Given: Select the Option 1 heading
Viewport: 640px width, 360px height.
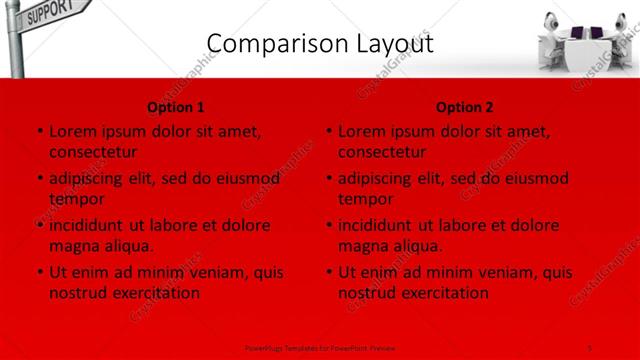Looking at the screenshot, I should [176, 107].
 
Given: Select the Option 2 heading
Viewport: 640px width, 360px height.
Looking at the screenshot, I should [465, 107].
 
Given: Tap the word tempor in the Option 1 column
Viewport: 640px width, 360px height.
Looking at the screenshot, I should [76, 199].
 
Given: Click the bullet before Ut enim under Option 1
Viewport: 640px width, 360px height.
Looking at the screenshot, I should [39, 272].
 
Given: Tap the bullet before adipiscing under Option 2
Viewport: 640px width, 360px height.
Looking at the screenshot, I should [328, 178].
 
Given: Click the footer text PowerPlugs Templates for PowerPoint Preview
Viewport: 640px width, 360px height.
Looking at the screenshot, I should [320, 347].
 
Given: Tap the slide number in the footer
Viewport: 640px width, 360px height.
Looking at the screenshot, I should [590, 347].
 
